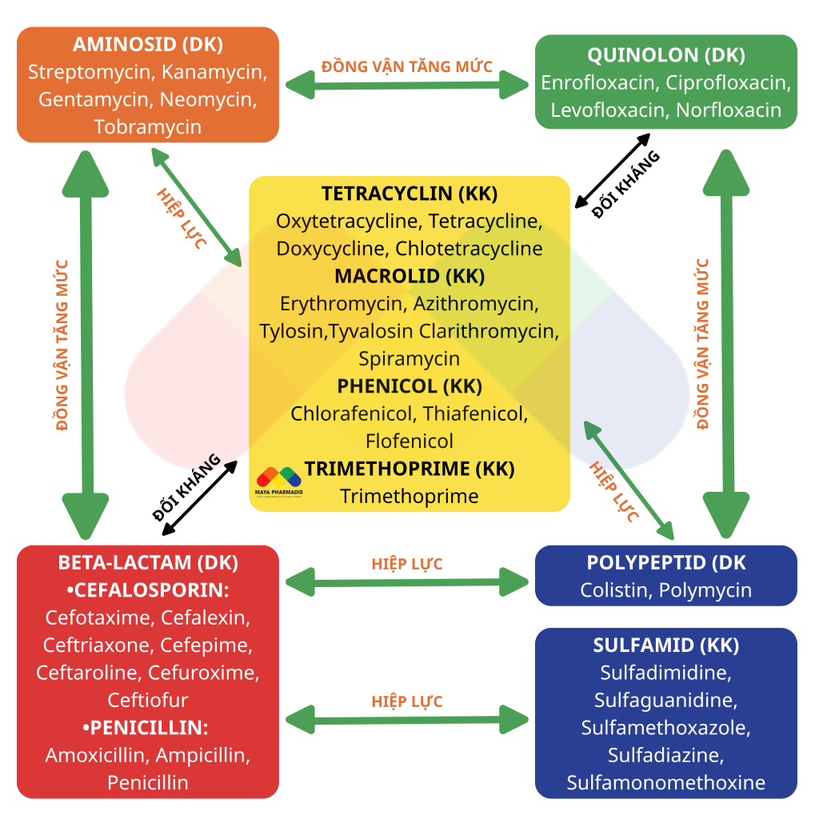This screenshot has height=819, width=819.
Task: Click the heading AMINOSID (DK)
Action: pyautogui.click(x=148, y=45)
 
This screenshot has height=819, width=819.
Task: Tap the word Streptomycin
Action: pyautogui.click(x=89, y=72)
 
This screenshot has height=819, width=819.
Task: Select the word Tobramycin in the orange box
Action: pyautogui.click(x=148, y=127)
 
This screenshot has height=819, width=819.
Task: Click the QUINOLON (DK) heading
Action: pyautogui.click(x=666, y=55)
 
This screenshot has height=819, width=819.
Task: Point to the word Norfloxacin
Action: pyautogui.click(x=729, y=110)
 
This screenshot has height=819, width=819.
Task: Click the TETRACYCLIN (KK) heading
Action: pyautogui.click(x=409, y=194)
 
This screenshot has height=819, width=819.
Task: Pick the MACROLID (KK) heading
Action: pyautogui.click(x=409, y=276)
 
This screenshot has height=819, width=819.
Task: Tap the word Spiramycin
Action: pyautogui.click(x=409, y=359)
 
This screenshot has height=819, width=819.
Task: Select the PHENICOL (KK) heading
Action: pyautogui.click(x=409, y=386)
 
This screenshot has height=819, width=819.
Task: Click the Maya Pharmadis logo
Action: pyautogui.click(x=279, y=481)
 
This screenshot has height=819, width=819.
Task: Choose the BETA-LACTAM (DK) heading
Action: pyautogui.click(x=148, y=562)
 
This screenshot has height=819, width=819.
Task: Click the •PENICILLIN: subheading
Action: pyautogui.click(x=146, y=728)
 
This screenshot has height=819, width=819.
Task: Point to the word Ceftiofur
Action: pyautogui.click(x=148, y=701)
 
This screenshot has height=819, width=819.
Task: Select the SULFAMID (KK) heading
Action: pyautogui.click(x=666, y=645)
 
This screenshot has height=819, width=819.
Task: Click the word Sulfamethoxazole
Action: pyautogui.click(x=666, y=728)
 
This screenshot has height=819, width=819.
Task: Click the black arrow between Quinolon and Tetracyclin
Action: pyautogui.click(x=612, y=171)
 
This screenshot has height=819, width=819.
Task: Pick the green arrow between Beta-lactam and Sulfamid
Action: pyautogui.click(x=407, y=720)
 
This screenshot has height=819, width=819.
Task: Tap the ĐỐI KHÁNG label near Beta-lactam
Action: pyautogui.click(x=186, y=487)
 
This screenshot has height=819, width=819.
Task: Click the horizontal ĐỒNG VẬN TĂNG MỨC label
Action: pyautogui.click(x=407, y=67)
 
